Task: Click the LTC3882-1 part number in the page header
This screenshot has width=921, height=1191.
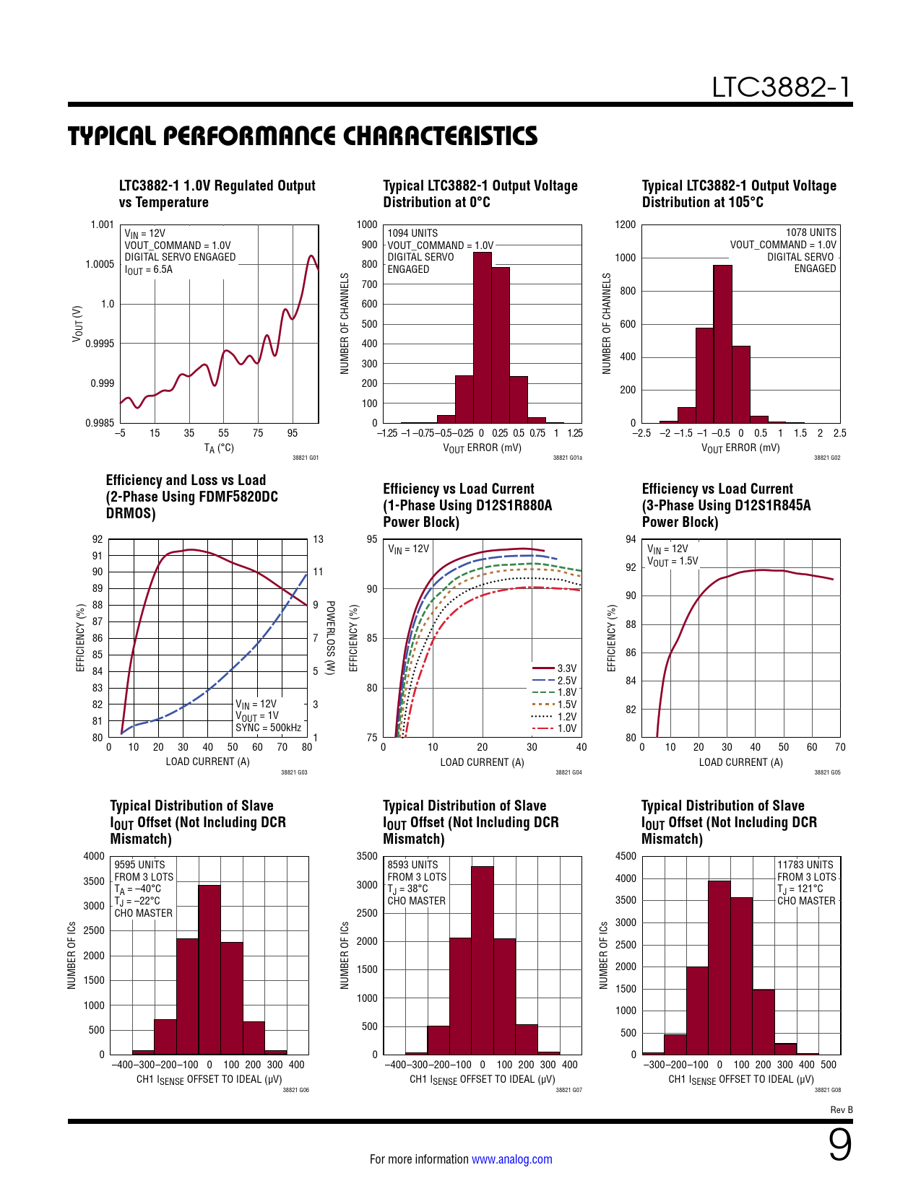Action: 782,87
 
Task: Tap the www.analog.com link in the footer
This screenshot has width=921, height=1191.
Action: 512,1159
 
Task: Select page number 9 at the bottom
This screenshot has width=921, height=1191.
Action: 839,1145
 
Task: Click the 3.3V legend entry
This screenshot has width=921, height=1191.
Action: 554,668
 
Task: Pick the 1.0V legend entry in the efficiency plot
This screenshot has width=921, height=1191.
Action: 554,728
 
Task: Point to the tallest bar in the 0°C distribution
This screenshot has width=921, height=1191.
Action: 482,338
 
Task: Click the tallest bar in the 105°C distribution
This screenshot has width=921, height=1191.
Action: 722,344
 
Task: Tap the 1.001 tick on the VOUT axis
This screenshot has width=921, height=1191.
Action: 102,224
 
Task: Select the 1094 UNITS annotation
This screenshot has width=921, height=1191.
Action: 412,233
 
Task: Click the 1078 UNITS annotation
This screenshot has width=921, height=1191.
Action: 810,232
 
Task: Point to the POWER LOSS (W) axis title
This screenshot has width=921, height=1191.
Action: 330,638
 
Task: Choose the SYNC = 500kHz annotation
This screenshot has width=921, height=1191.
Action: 268,728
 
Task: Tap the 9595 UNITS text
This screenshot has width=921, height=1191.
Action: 139,864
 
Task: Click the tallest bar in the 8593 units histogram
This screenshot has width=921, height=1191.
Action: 482,960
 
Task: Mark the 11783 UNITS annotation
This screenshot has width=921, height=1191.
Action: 805,864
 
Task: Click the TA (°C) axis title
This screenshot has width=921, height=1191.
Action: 219,448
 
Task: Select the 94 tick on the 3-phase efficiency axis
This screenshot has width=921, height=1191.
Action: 631,539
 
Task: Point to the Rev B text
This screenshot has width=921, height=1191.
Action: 842,1110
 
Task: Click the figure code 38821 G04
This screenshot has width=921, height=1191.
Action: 568,772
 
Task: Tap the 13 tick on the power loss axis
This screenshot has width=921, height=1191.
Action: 318,539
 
